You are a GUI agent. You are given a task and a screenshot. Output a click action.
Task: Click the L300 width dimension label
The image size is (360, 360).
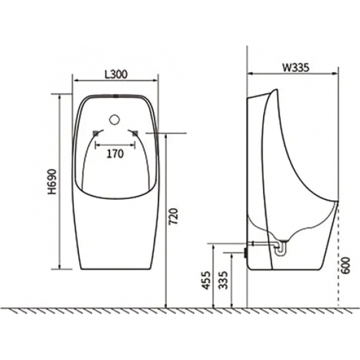click(116, 75)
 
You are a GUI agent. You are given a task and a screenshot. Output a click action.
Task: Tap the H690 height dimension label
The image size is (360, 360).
click(52, 181)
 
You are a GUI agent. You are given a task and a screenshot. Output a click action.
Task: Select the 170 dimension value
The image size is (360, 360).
click(115, 154)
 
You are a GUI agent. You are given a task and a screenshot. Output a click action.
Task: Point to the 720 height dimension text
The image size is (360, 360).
click(173, 217)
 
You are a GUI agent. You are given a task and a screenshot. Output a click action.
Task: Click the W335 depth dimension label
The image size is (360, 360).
click(296, 67)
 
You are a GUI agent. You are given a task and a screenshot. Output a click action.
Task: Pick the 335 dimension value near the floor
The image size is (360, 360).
click(223, 280)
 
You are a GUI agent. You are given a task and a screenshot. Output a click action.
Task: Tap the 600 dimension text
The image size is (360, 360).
click(346, 265)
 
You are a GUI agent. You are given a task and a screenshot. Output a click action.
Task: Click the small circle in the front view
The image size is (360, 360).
click(114, 119)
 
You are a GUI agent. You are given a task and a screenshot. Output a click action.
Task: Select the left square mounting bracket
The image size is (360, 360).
click(96, 133)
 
